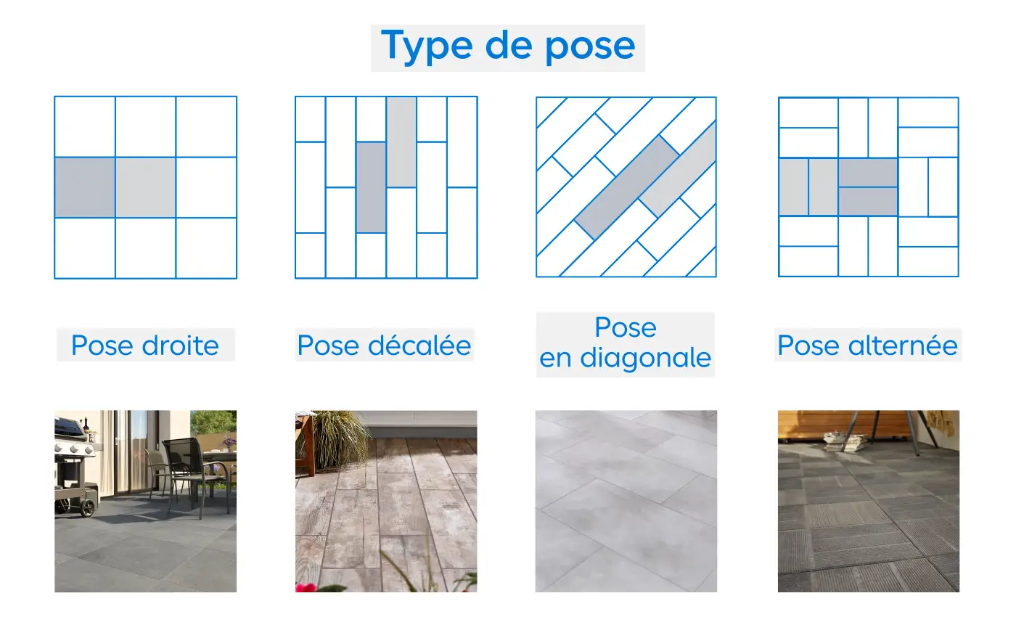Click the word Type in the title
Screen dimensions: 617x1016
(x=423, y=46)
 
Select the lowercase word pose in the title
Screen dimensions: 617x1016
(x=589, y=47)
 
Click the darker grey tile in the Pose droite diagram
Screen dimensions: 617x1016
(x=85, y=187)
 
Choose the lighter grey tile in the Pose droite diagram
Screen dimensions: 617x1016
(x=145, y=187)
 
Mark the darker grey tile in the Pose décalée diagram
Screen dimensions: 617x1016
(x=371, y=187)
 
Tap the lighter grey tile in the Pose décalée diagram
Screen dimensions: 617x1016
(x=401, y=142)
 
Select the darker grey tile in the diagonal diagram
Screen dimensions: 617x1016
(x=626, y=187)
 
